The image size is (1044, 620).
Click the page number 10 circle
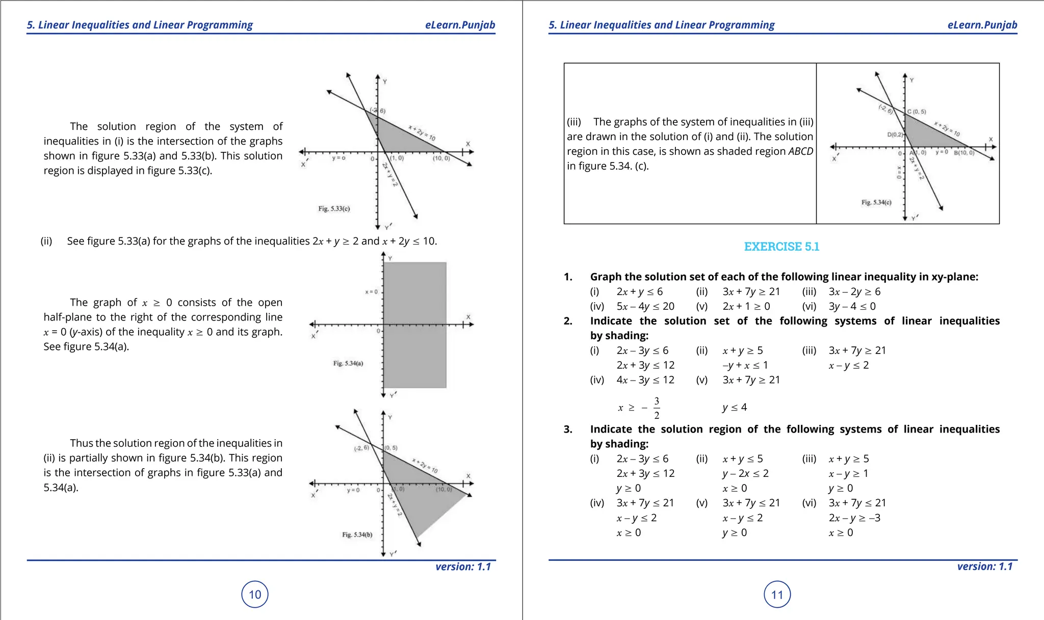[254, 594]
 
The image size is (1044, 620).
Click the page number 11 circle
[777, 594]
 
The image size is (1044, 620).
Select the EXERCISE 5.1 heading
[781, 247]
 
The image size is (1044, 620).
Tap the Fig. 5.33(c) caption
[334, 208]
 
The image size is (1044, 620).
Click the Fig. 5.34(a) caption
[348, 363]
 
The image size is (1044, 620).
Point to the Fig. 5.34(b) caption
[357, 534]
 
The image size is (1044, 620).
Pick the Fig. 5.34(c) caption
[876, 202]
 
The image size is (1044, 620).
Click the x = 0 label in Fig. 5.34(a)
[371, 292]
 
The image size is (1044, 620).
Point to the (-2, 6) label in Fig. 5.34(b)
[361, 448]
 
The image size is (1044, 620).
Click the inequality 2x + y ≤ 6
[639, 291]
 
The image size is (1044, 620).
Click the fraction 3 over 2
[657, 408]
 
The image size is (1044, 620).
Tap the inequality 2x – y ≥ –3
[854, 518]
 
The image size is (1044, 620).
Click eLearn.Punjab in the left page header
[460, 25]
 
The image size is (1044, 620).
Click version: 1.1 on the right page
[984, 567]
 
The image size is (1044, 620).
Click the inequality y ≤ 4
[735, 407]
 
